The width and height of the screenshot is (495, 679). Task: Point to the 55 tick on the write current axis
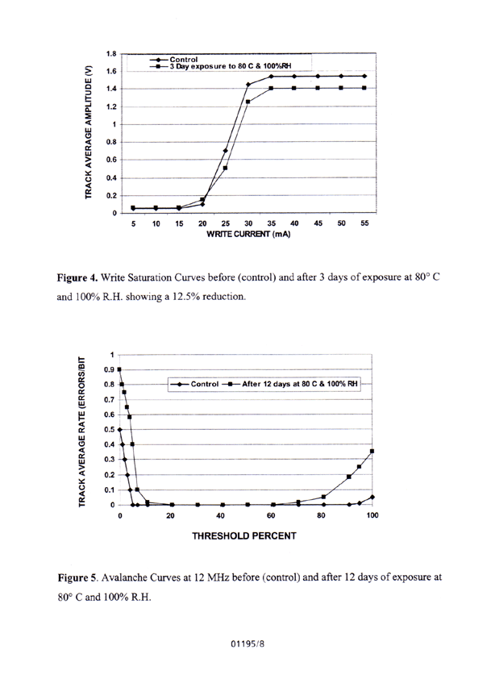pos(364,224)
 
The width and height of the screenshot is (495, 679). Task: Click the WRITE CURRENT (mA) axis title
pos(249,235)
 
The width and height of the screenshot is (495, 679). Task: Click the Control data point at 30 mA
pos(248,85)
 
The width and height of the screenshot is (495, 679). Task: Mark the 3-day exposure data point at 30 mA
pos(248,102)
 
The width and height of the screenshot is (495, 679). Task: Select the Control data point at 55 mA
pos(364,77)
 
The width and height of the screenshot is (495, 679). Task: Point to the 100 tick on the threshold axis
pos(372,515)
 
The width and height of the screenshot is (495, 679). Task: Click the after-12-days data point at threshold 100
pos(372,452)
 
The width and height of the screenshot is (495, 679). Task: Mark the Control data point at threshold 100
pos(372,498)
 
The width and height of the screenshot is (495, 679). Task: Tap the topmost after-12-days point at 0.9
pos(120,369)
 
